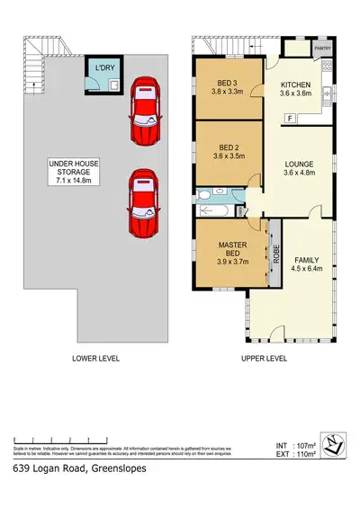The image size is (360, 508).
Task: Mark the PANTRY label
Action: pyautogui.click(x=321, y=49)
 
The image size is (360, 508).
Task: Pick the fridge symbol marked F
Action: pyautogui.click(x=290, y=119)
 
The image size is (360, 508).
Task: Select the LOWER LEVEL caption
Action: pyautogui.click(x=95, y=360)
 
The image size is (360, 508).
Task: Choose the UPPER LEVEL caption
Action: pyautogui.click(x=264, y=360)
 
